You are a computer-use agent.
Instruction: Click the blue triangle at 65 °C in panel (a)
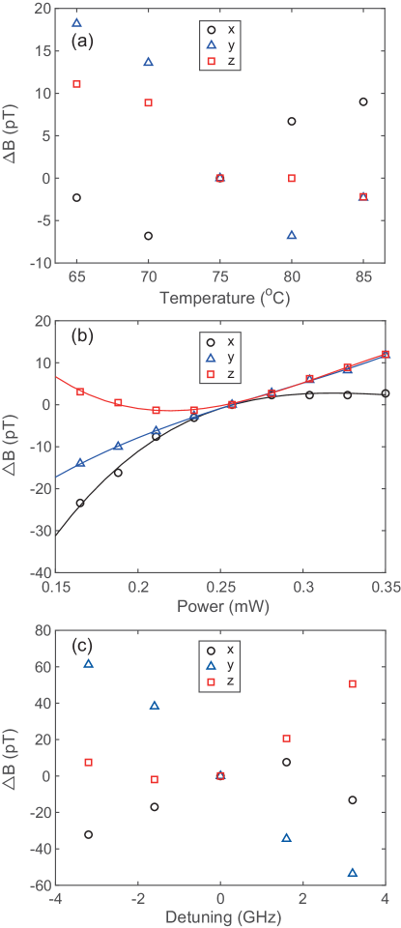pyautogui.click(x=77, y=22)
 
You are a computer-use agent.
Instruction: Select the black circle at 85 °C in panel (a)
pyautogui.click(x=363, y=101)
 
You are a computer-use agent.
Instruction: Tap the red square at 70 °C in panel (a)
pyautogui.click(x=149, y=102)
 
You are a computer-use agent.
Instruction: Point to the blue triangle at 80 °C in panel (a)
pyautogui.click(x=292, y=235)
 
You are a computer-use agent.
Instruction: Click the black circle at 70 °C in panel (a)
pyautogui.click(x=149, y=236)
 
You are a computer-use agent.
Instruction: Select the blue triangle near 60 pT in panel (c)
pyautogui.click(x=89, y=663)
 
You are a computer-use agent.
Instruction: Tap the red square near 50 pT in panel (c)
pyautogui.click(x=353, y=684)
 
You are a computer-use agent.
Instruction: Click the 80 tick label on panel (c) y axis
pyautogui.click(x=43, y=630)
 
